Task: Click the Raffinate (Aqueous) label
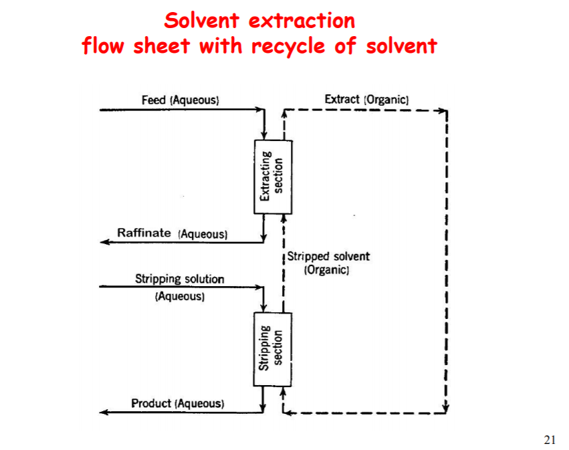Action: click(x=173, y=233)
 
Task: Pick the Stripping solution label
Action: click(x=180, y=279)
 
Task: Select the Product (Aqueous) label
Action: click(x=178, y=403)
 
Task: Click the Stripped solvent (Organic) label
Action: click(x=328, y=263)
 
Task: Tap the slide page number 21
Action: click(x=550, y=439)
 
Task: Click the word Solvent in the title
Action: click(x=203, y=21)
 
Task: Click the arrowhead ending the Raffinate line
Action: click(x=104, y=242)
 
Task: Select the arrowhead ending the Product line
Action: click(x=104, y=412)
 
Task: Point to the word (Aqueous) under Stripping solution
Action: click(x=180, y=296)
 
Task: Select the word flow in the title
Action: click(x=105, y=46)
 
